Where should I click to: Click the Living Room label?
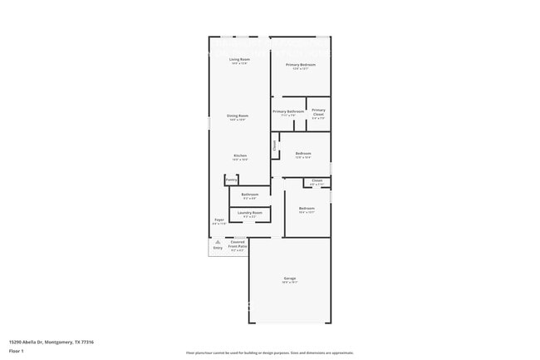click(x=239, y=59)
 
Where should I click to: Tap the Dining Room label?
click(x=238, y=116)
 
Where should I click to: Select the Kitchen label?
click(x=239, y=155)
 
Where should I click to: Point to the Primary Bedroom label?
click(x=300, y=64)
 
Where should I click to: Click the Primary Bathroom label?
click(x=288, y=111)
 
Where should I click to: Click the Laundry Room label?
click(x=249, y=213)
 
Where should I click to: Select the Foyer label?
click(x=218, y=219)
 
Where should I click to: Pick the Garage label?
click(x=289, y=278)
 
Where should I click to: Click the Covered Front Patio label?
click(x=238, y=244)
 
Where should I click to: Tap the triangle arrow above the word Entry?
click(x=218, y=242)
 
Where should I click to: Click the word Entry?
click(x=218, y=248)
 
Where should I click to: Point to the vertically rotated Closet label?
click(x=275, y=144)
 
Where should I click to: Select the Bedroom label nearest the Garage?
click(x=307, y=208)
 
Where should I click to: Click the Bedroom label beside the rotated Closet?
click(x=303, y=153)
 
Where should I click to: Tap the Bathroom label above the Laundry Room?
click(x=249, y=194)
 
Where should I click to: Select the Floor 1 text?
click(x=17, y=351)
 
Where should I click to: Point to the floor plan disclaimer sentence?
click(x=270, y=353)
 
